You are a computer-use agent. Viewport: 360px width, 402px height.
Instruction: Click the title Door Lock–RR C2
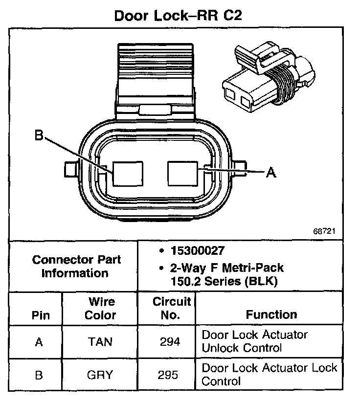tap(178, 15)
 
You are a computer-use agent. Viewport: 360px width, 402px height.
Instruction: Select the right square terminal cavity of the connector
tap(182, 173)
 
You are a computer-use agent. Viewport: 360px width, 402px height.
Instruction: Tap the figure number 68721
tap(325, 230)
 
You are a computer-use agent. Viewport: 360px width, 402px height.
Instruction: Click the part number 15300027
tap(196, 251)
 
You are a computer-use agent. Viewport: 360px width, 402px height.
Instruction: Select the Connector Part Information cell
tap(76, 266)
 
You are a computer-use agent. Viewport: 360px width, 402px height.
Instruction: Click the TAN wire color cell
tap(100, 342)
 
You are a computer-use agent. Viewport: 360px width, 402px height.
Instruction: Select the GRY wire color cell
tap(100, 375)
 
